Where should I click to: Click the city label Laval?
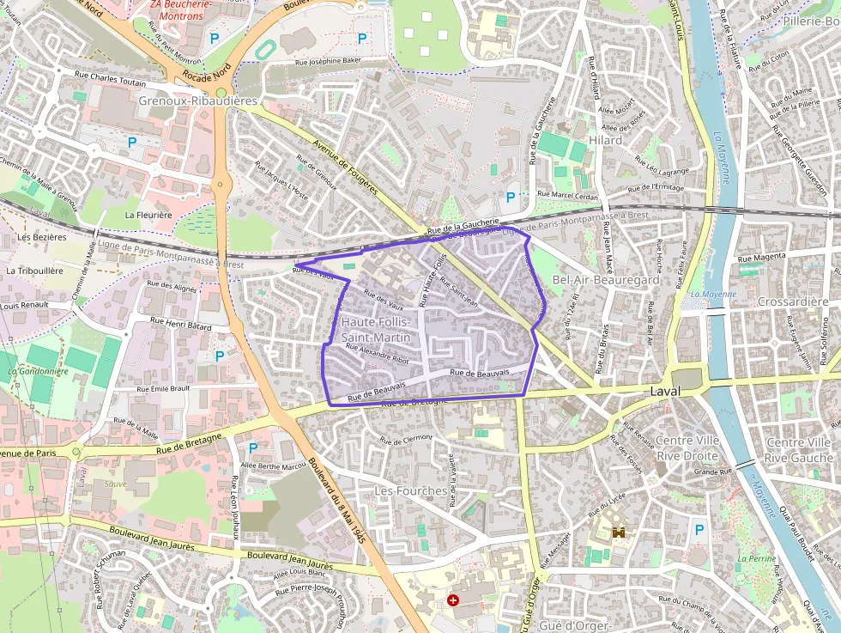point(664,391)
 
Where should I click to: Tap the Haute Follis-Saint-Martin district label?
point(377,330)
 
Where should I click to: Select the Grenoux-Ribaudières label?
point(197,101)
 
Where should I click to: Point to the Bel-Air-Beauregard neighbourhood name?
point(606,280)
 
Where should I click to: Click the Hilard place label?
point(605,140)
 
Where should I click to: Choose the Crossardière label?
point(793,301)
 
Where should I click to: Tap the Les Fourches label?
point(410,490)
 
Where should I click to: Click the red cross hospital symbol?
point(453,600)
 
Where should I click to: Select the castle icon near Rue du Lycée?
point(618,533)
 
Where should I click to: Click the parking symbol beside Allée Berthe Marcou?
point(252,447)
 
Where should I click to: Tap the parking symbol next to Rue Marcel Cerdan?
point(511,197)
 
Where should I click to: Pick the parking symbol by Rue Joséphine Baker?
point(361,38)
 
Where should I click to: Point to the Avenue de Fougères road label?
point(345,167)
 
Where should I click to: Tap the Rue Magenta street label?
point(761,257)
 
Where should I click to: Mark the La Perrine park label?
point(756,558)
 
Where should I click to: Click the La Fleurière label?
point(148,214)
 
